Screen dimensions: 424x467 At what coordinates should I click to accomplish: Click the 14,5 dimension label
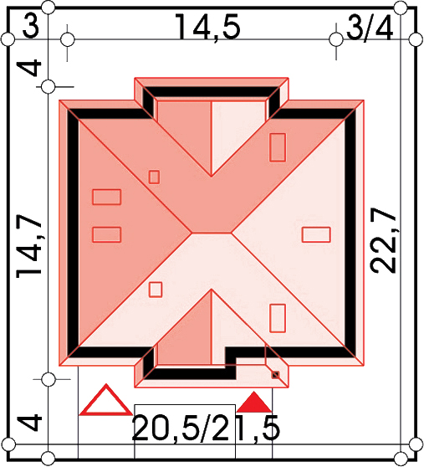tap(207, 27)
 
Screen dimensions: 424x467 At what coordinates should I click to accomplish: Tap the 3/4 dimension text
tap(370, 28)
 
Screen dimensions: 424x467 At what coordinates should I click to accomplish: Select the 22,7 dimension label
tap(383, 239)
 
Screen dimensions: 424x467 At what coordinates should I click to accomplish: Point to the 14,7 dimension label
tap(29, 246)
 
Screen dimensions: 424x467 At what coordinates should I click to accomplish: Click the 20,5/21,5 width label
tap(206, 429)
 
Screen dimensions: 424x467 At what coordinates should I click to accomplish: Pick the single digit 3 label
tap(31, 27)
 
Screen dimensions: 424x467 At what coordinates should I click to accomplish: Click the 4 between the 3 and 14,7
tap(30, 68)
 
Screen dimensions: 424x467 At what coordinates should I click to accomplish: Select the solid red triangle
tap(253, 403)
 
